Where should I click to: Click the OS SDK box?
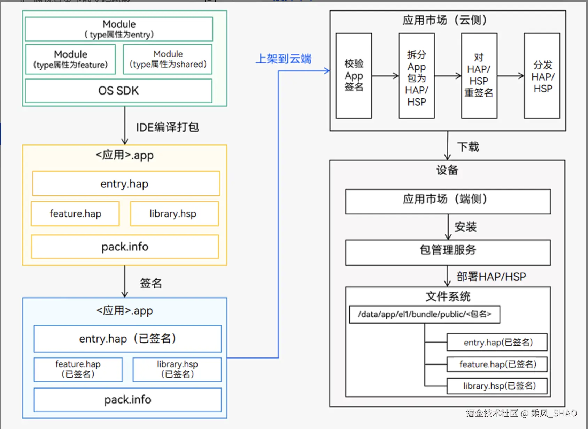pyautogui.click(x=118, y=91)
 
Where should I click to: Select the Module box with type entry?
pyautogui.click(x=119, y=29)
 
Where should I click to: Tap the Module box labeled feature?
pyautogui.click(x=70, y=59)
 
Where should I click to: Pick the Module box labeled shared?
pyautogui.click(x=168, y=59)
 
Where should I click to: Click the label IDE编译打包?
pyautogui.click(x=167, y=127)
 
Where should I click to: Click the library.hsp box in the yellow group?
pyautogui.click(x=174, y=213)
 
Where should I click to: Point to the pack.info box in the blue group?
pyautogui.click(x=127, y=399)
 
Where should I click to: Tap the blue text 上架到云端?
pyautogui.click(x=284, y=59)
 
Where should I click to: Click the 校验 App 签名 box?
pyautogui.click(x=354, y=76)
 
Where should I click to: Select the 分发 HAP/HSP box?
pyautogui.click(x=542, y=76)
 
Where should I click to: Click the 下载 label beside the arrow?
pyautogui.click(x=468, y=147)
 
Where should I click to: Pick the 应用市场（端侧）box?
pyautogui.click(x=448, y=202)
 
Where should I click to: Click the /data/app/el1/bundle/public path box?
pyautogui.click(x=424, y=314)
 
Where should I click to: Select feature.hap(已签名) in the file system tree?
pyautogui.click(x=497, y=364)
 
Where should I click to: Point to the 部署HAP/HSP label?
pyautogui.click(x=491, y=277)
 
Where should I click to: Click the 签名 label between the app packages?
pyautogui.click(x=151, y=283)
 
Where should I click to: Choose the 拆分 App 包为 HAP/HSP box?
pyautogui.click(x=416, y=76)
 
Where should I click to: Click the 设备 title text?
pyautogui.click(x=447, y=170)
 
